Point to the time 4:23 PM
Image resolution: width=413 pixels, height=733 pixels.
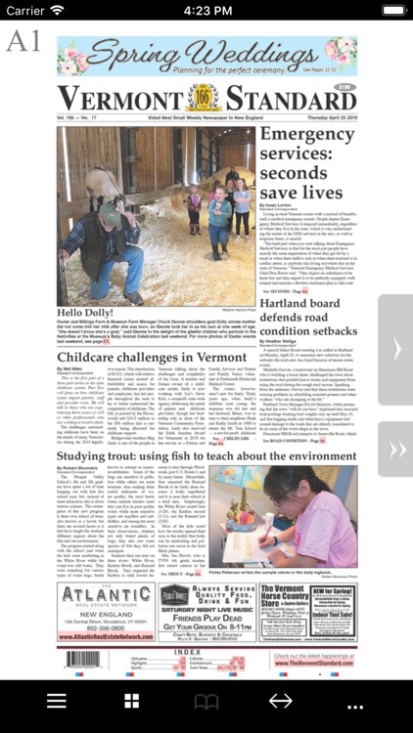[x=206, y=10]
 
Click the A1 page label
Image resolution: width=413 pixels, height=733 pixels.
[x=23, y=42]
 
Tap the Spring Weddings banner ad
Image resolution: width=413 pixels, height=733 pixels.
[x=206, y=57]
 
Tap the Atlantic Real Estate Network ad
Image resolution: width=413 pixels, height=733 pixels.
[x=104, y=612]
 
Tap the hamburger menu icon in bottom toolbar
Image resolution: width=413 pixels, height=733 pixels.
[x=57, y=702]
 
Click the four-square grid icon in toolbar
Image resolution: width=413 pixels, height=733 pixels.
[x=131, y=702]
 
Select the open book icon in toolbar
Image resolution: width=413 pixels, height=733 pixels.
[x=206, y=702]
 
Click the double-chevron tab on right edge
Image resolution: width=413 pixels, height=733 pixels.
[x=396, y=449]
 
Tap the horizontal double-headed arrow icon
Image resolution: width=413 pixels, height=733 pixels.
[x=280, y=702]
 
